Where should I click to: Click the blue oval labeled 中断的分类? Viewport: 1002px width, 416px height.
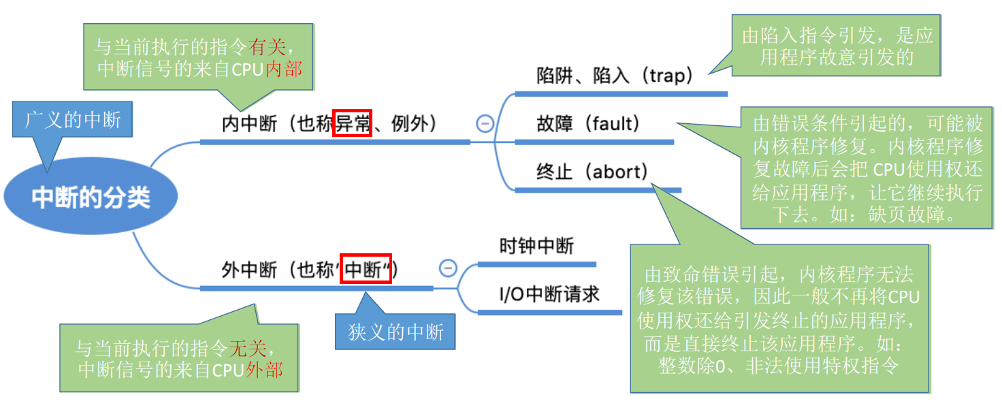[91, 197]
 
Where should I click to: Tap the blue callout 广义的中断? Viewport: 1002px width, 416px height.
[73, 121]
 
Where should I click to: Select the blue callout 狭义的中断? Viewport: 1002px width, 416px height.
[395, 332]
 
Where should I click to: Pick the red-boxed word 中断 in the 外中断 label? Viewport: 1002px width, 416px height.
[366, 270]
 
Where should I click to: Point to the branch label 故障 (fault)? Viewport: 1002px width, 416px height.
[588, 124]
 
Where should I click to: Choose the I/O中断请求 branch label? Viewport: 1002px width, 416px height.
[549, 294]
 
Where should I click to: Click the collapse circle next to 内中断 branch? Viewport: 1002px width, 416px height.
[485, 123]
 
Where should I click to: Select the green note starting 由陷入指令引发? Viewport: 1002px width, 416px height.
[837, 46]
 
